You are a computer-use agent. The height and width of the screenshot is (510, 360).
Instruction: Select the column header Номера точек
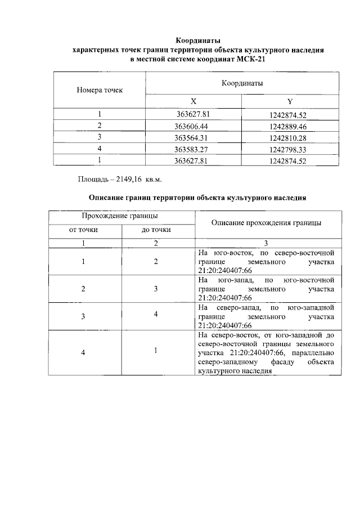click(x=100, y=90)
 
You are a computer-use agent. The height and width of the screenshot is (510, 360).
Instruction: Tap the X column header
click(x=193, y=102)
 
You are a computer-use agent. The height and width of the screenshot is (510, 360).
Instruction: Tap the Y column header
click(x=290, y=102)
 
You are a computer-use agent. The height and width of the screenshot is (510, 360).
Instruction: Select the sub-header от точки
click(x=84, y=230)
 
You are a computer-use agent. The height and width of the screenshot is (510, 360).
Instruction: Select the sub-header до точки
click(x=156, y=230)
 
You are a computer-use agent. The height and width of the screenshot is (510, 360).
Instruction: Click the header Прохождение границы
click(x=119, y=216)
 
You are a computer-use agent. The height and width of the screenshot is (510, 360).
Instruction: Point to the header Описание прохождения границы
click(x=266, y=223)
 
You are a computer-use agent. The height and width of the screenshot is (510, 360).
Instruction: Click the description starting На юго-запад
click(x=266, y=289)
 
